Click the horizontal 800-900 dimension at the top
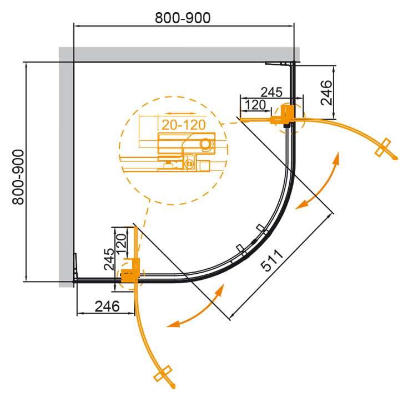pos(183,18)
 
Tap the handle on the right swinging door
pos(384,147)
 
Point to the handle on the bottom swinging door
pos(164,373)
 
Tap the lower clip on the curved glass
pos(240,248)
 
